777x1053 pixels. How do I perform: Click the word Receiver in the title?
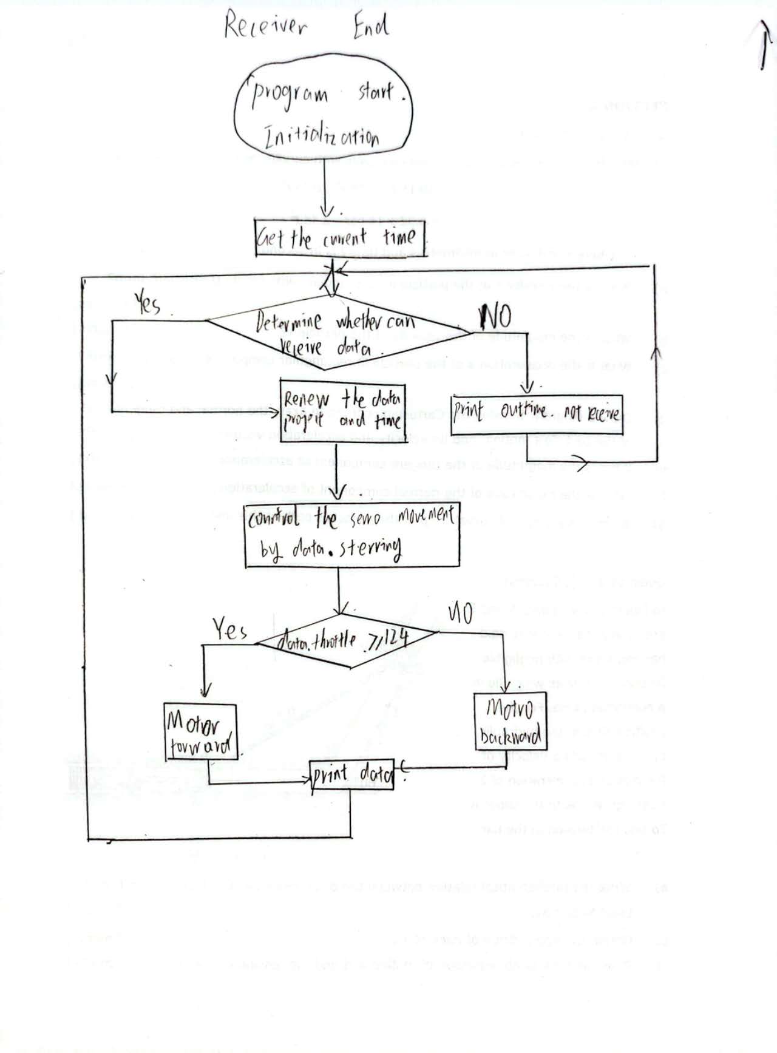(265, 25)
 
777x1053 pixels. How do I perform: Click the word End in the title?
(371, 25)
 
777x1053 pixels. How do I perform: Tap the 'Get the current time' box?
(339, 237)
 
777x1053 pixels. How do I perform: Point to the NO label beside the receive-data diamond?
(495, 314)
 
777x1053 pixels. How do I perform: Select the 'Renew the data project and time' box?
(342, 410)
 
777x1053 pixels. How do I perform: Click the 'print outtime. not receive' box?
(537, 414)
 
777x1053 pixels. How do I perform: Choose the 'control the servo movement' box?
(352, 534)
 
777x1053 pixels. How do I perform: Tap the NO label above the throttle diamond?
(461, 613)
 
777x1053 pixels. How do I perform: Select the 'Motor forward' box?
(200, 731)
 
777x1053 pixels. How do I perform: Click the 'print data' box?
(351, 775)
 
